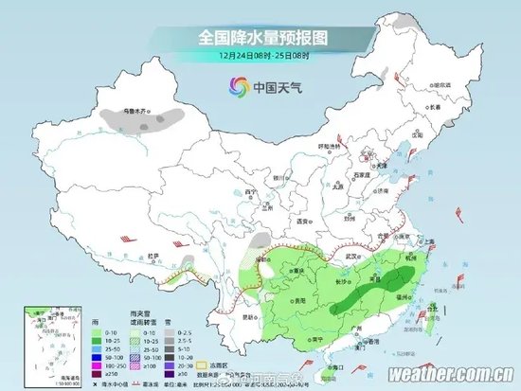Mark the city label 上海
[428, 242]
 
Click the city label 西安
[303, 221]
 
